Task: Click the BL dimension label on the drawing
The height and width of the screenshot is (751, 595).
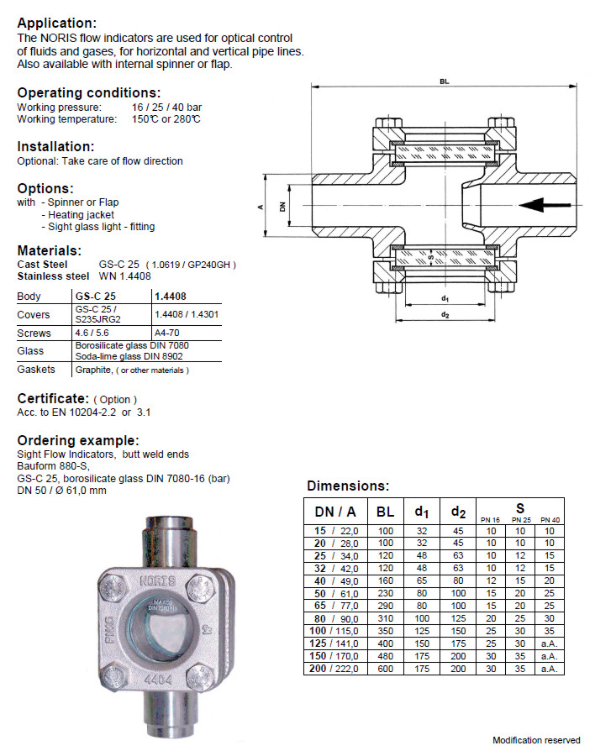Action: coord(443,81)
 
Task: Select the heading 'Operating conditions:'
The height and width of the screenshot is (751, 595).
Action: coord(89,92)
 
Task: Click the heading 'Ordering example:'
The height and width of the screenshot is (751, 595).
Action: coord(78,440)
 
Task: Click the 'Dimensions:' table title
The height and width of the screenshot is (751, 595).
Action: coord(348,486)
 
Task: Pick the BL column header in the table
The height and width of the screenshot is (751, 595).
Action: coord(385,511)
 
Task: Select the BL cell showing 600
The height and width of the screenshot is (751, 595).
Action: coord(385,669)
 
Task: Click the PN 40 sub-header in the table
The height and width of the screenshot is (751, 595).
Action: coord(549,519)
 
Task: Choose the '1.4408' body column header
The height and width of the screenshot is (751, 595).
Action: coord(170,297)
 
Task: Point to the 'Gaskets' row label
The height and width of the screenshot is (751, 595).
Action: coord(37,370)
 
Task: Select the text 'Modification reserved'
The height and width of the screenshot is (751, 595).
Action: coord(536,740)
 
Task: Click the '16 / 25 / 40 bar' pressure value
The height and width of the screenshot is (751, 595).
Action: coord(166,108)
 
